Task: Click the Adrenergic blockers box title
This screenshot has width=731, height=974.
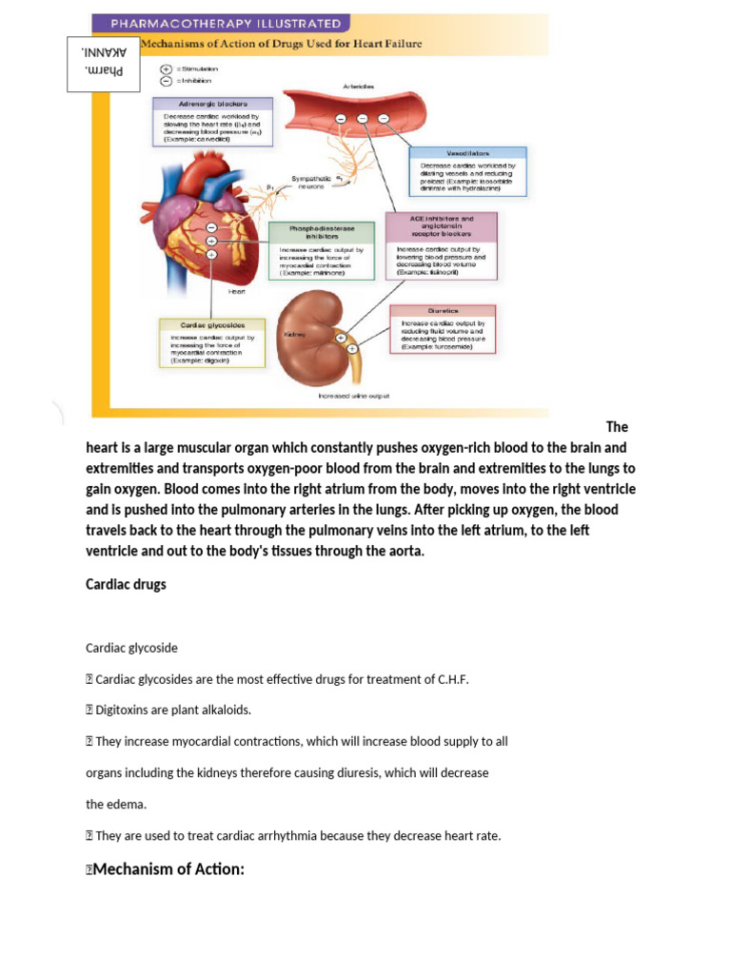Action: pos(213,104)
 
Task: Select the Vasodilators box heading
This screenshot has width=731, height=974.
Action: pos(467,152)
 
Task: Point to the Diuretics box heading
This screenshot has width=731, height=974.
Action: pos(443,310)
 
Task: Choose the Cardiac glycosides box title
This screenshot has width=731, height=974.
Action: pos(209,324)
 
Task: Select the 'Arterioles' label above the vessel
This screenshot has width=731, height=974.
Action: pos(358,87)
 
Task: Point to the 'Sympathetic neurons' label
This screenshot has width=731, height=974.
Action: pos(309,182)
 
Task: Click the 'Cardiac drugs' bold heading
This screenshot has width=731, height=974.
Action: pos(126,584)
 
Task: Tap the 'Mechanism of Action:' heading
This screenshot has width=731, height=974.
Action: pos(168,868)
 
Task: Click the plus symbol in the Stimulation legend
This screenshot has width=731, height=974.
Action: pos(166,69)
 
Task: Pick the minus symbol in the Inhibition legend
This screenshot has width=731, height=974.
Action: pos(166,82)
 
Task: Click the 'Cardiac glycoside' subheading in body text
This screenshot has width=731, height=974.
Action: pos(131,648)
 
